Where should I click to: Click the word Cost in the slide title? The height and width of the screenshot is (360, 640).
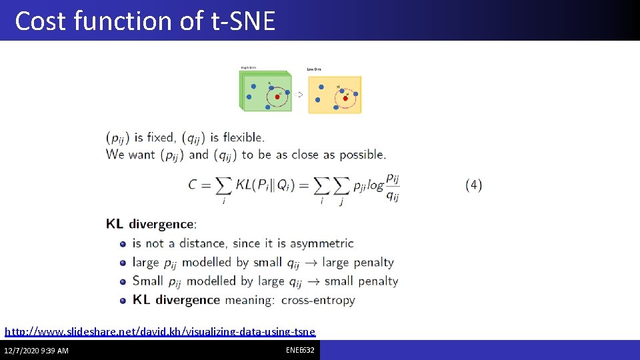[41, 21]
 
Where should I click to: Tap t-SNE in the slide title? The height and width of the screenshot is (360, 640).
[243, 21]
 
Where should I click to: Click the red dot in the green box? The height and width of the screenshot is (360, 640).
[277, 96]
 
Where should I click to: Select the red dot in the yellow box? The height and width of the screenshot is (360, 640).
[345, 99]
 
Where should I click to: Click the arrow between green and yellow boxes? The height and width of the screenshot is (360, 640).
[299, 95]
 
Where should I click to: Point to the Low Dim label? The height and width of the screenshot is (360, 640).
[313, 69]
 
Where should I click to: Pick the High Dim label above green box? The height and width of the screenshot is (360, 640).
[248, 67]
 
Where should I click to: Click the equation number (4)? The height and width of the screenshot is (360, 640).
[473, 185]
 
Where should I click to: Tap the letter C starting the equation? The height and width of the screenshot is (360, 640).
[193, 185]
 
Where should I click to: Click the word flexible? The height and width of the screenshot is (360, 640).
[243, 137]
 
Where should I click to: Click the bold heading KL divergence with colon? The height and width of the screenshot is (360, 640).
[151, 224]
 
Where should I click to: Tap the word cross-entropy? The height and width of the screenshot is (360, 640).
[318, 300]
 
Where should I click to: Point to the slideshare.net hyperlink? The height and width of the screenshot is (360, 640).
[160, 331]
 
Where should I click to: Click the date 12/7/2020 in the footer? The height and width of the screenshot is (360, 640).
[22, 351]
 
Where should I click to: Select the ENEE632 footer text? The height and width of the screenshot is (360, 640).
[301, 349]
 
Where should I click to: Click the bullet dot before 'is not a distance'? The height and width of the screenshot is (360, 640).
[123, 244]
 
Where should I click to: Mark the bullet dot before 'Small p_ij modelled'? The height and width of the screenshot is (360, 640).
[123, 282]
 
